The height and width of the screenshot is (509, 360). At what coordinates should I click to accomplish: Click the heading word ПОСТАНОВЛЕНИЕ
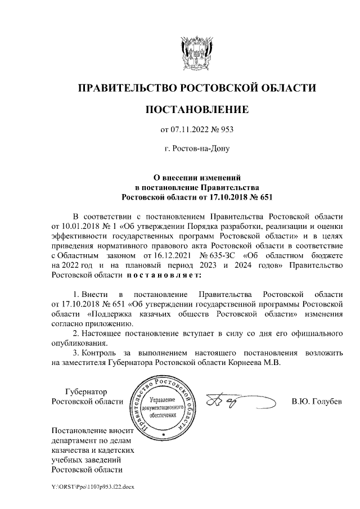[x=196, y=110]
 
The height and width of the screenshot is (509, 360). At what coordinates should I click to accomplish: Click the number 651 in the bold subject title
[x=258, y=197]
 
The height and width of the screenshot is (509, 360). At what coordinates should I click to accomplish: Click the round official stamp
[x=163, y=407]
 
